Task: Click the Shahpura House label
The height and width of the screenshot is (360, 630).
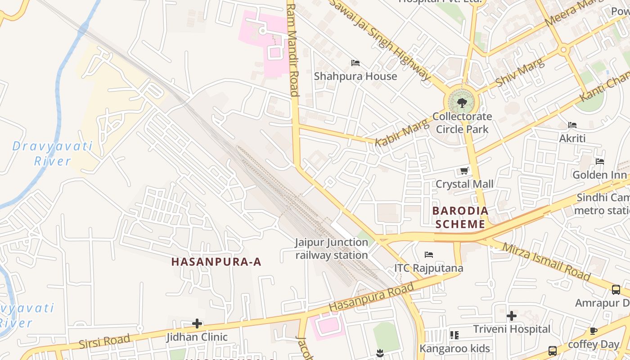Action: (355, 76)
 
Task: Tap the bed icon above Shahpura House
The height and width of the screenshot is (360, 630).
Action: (355, 63)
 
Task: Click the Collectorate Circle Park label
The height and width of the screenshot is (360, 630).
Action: (462, 123)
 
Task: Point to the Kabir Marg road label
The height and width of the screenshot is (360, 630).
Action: (396, 133)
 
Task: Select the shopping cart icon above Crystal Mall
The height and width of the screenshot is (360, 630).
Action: (464, 171)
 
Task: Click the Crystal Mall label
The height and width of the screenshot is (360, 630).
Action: (464, 184)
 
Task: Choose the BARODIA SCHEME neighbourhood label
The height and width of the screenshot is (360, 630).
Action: (460, 217)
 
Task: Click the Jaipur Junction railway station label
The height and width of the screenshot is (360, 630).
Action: (332, 249)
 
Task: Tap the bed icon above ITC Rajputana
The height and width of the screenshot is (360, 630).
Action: (429, 255)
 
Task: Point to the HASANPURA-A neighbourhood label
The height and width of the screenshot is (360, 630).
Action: (216, 262)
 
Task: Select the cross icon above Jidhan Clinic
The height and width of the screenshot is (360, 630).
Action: (197, 324)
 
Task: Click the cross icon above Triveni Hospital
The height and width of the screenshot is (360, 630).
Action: (512, 316)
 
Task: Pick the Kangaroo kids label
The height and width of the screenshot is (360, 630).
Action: (454, 348)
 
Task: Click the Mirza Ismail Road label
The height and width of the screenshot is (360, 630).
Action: (545, 261)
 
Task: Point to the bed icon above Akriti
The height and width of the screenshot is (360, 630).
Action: (572, 125)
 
